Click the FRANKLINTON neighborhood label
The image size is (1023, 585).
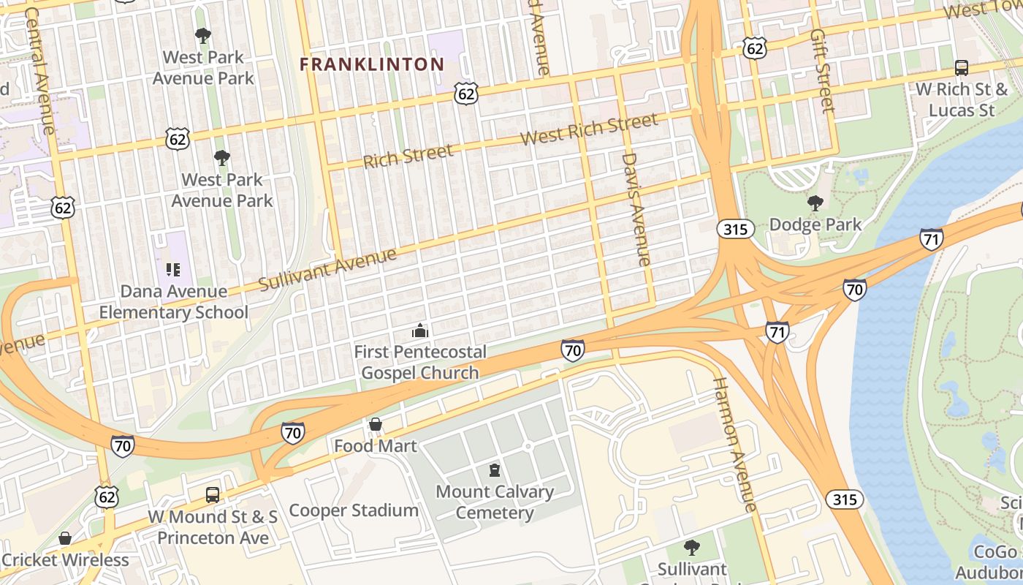372,64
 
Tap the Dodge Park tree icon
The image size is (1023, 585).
815,203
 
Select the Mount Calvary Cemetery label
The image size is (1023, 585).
495,502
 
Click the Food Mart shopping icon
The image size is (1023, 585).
376,424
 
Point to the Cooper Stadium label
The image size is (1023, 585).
354,510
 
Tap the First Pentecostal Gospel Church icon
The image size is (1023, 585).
420,331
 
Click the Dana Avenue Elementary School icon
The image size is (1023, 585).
173,270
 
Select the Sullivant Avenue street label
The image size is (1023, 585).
328,269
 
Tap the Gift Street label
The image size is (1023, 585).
822,71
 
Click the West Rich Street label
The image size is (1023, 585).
589,129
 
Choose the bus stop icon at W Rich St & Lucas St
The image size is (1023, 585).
962,68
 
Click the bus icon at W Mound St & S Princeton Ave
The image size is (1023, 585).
213,495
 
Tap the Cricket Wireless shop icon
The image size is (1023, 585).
65,539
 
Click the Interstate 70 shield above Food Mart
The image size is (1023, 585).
292,432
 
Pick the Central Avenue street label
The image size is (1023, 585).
39,72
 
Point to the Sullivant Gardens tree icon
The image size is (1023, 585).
691,547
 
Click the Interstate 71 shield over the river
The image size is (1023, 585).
931,239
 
